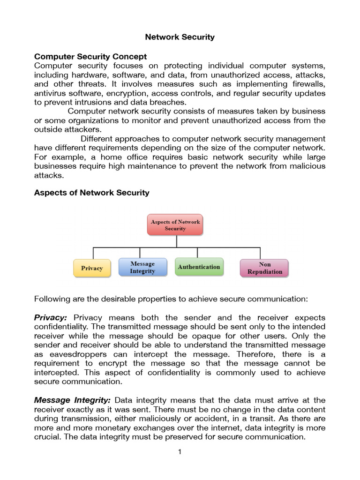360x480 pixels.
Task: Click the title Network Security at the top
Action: (x=180, y=37)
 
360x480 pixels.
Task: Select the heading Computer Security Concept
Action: (x=90, y=56)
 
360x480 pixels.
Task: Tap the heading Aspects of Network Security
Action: (x=92, y=192)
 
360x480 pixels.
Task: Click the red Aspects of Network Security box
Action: (x=175, y=225)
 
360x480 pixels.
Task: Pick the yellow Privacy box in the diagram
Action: (x=92, y=268)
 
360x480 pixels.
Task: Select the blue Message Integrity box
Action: (x=142, y=267)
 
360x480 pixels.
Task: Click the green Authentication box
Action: (x=199, y=267)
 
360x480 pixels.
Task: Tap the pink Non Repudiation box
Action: (x=264, y=268)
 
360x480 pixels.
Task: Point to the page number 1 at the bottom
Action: (x=180, y=452)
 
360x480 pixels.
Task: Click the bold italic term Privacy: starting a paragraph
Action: (x=51, y=317)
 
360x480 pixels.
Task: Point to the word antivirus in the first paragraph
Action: (x=50, y=93)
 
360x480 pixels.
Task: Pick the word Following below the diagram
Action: (x=52, y=299)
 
